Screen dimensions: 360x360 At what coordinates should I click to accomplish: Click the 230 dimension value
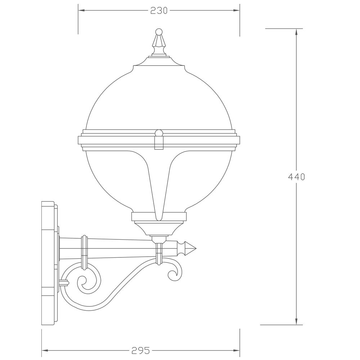(x=159, y=10)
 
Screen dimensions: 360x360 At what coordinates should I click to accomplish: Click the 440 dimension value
(x=296, y=177)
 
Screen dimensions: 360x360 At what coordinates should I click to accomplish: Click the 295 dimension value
(x=140, y=350)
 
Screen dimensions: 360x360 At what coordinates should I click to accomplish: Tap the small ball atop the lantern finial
(x=159, y=32)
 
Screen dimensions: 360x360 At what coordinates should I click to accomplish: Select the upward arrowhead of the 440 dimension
(x=296, y=32)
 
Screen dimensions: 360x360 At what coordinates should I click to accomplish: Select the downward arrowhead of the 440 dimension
(x=296, y=321)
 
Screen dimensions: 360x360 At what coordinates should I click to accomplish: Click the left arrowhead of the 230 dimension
(x=81, y=10)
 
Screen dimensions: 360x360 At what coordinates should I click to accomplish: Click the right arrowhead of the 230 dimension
(x=237, y=10)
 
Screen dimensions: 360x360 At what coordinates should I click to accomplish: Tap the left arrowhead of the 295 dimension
(x=45, y=350)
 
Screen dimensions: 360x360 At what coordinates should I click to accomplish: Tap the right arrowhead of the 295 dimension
(x=237, y=350)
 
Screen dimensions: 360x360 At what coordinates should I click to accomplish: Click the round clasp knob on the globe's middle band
(x=159, y=133)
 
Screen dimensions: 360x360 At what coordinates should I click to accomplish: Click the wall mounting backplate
(x=48, y=263)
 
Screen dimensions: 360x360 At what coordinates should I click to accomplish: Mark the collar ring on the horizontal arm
(x=85, y=252)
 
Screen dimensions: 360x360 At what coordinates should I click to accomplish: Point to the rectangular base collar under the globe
(x=159, y=216)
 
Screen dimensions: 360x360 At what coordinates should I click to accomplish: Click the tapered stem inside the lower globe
(x=159, y=187)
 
